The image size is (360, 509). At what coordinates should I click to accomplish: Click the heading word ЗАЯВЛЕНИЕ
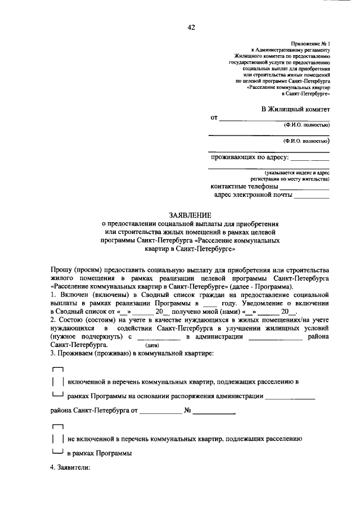[x=190, y=215]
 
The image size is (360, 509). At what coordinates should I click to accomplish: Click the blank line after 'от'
[x=273, y=118]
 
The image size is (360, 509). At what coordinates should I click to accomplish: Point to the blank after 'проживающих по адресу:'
[x=310, y=157]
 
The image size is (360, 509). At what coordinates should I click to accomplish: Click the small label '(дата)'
[x=152, y=345]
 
